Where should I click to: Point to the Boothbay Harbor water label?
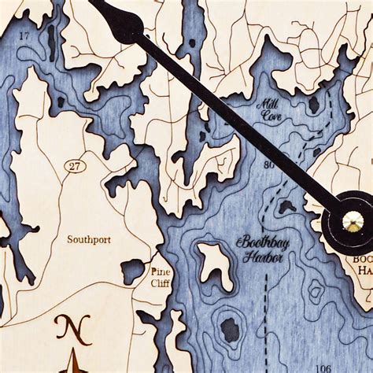(263, 249)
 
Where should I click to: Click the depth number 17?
(25, 36)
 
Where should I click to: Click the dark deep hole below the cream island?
(229, 328)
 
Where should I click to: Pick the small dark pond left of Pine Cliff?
(131, 271)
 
